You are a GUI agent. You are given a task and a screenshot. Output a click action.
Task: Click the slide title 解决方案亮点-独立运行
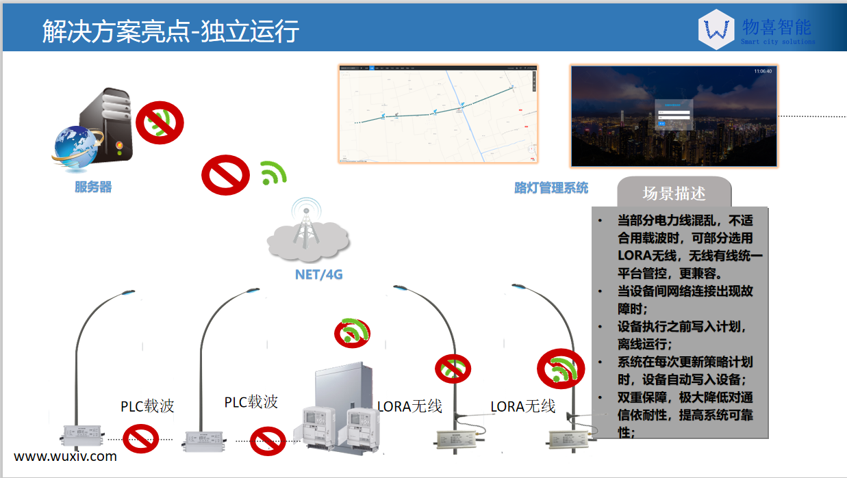pos(170,31)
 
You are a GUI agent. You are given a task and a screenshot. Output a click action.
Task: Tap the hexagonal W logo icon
pos(716,30)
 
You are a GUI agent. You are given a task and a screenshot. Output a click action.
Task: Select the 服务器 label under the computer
pos(93,187)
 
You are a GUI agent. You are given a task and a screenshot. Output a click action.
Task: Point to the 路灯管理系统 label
pos(551,187)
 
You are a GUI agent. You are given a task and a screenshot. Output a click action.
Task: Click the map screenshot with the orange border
pos(438,114)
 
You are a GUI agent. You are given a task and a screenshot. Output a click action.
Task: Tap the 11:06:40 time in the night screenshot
pos(762,71)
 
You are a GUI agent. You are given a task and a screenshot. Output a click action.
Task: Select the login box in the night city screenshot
pos(674,116)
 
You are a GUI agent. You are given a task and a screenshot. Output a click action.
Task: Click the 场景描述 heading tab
pos(674,193)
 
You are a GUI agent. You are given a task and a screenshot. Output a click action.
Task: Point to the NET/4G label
pos(318,275)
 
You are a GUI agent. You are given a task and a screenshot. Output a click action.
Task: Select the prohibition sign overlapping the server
pos(160,123)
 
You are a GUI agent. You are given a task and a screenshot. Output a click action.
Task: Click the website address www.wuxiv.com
pos(65,456)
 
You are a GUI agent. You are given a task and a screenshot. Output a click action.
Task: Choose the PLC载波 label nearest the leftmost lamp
pos(147,406)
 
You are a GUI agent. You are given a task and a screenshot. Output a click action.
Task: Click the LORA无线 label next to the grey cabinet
pos(409,406)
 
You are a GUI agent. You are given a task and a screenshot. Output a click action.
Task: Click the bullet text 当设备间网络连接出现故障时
pos(685,300)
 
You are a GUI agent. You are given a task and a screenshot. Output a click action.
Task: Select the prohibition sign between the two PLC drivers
pos(140,438)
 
